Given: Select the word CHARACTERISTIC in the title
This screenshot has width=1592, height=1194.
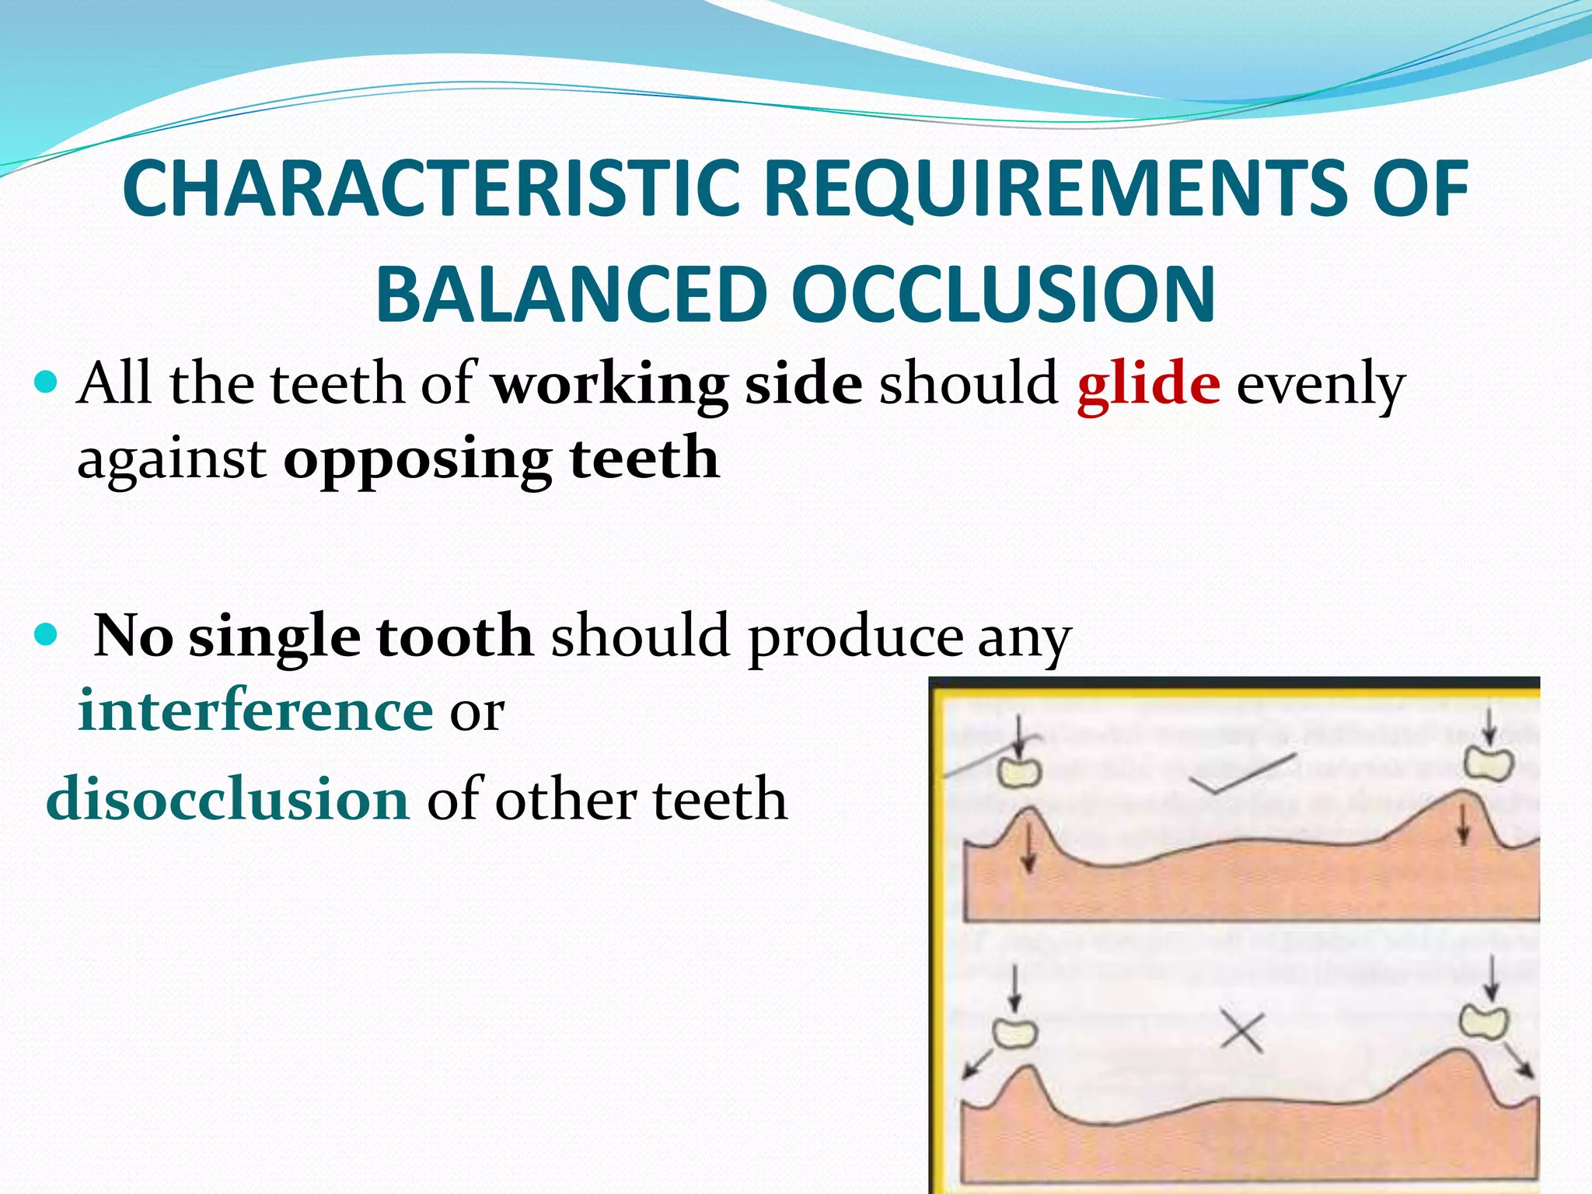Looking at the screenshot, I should click(431, 189).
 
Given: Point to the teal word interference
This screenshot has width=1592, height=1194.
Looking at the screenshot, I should click(255, 710).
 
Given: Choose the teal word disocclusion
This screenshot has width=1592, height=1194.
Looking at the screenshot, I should click(227, 799).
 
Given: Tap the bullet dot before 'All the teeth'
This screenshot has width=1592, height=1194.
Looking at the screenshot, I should click(47, 383).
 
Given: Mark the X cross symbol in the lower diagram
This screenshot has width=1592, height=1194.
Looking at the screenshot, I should click(1241, 1032).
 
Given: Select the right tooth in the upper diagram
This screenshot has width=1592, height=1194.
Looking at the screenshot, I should click(1489, 763).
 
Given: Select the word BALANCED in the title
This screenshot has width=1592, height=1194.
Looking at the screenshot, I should click(570, 295).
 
